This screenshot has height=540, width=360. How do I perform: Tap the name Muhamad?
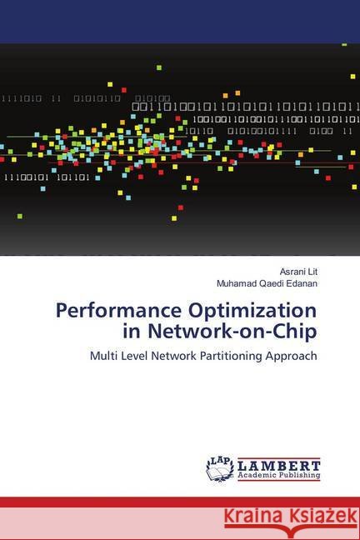tap(237, 283)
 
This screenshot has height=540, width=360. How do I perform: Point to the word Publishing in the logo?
tap(297, 476)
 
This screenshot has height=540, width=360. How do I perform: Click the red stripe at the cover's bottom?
tap(180, 502)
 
